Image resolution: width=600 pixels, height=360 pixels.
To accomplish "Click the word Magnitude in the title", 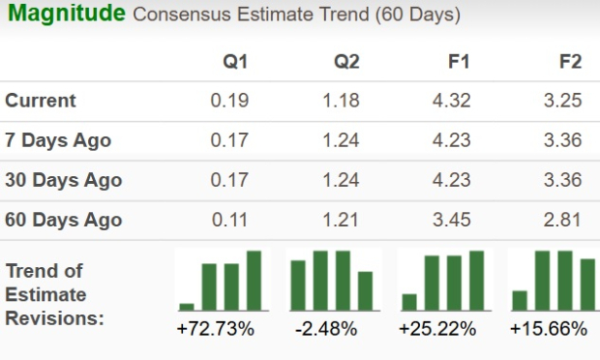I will click(x=66, y=15).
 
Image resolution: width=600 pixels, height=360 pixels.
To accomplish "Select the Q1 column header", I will click(x=235, y=62).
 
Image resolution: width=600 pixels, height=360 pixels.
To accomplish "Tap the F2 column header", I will click(x=570, y=62).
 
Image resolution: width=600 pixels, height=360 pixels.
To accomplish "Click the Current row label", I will click(x=41, y=101).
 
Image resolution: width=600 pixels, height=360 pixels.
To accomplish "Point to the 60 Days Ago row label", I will click(x=64, y=220).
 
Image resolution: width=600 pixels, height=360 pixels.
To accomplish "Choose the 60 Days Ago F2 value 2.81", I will click(x=562, y=220).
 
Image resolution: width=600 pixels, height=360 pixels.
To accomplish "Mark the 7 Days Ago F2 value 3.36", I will click(x=562, y=140).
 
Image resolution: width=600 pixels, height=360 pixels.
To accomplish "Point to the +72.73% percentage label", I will click(x=216, y=330).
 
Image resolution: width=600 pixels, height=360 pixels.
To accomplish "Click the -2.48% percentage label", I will click(x=326, y=330).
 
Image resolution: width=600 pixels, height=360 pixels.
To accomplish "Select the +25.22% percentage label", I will click(x=437, y=330).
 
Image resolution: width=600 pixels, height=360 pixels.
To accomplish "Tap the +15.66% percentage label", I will click(x=549, y=330).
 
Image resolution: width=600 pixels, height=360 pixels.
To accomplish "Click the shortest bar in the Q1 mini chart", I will click(x=187, y=306).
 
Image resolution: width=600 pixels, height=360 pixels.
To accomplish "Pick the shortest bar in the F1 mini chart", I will click(x=409, y=301).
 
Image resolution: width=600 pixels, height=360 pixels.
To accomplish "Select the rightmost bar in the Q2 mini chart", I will click(x=365, y=289).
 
